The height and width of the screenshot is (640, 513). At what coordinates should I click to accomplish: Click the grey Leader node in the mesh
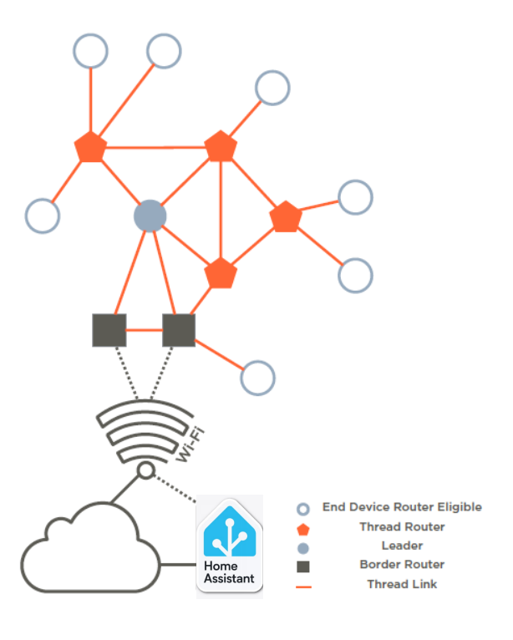tap(150, 216)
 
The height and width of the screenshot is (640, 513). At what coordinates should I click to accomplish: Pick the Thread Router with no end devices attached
tap(221, 273)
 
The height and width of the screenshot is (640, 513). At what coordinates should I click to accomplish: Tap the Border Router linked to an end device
tap(179, 330)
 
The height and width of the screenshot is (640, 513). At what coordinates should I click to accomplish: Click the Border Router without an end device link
tap(109, 330)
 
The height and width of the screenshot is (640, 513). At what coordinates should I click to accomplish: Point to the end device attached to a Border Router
tap(257, 378)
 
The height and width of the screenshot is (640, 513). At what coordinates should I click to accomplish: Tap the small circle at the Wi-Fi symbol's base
tap(146, 471)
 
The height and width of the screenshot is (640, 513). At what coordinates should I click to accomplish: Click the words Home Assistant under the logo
tap(229, 571)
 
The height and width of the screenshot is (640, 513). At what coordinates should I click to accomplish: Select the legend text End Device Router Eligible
tap(402, 507)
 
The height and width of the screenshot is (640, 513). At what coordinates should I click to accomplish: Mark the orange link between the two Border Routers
tap(144, 330)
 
